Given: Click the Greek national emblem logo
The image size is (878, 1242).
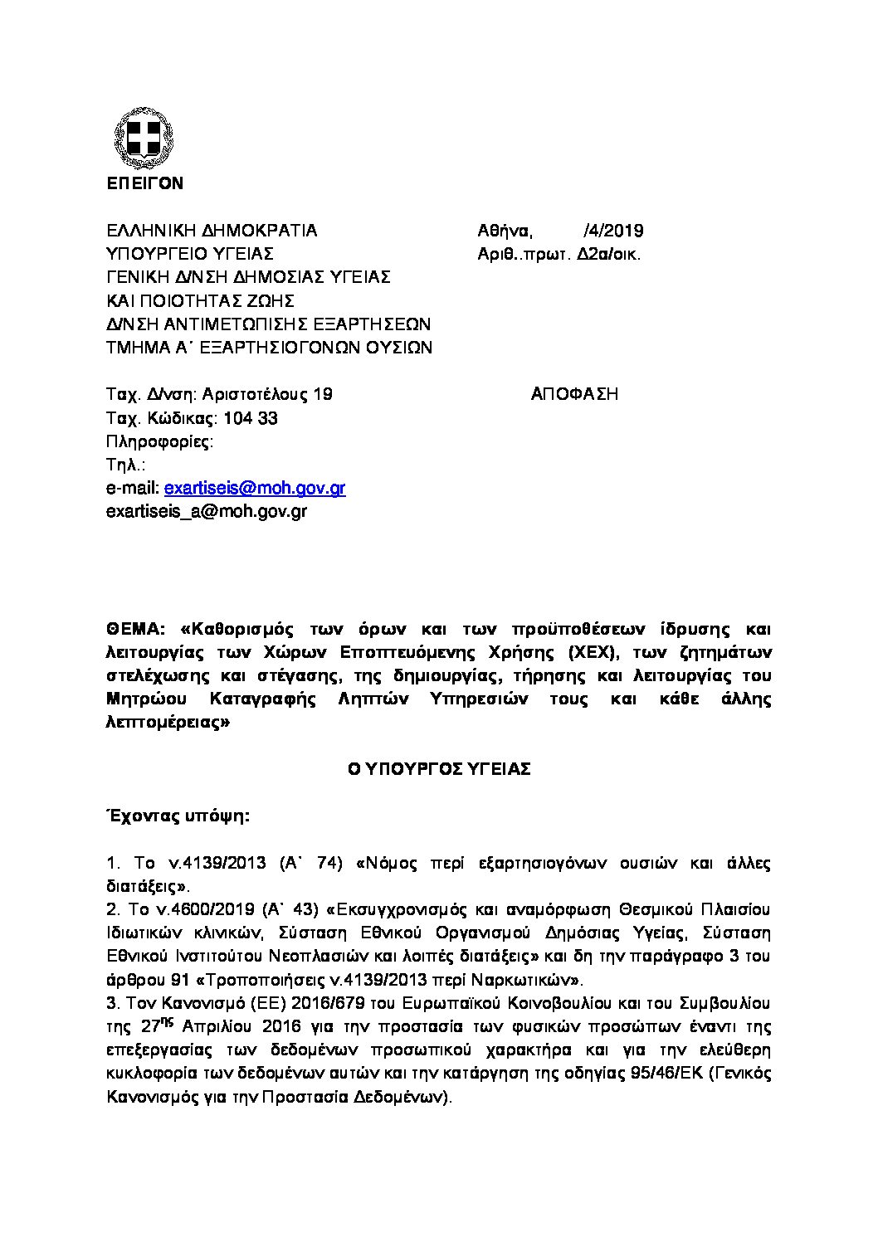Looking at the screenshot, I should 144,139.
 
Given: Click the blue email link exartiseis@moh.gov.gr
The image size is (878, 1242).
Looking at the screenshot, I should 255,488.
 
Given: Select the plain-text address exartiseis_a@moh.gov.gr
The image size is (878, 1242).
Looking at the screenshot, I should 207,511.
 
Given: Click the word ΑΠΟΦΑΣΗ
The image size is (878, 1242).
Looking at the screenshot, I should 574,394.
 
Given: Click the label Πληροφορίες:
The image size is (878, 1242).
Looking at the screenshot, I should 160,441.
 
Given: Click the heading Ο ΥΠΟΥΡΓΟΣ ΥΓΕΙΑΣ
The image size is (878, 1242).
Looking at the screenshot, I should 439,769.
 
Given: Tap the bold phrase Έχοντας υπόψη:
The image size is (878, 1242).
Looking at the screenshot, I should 178,816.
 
